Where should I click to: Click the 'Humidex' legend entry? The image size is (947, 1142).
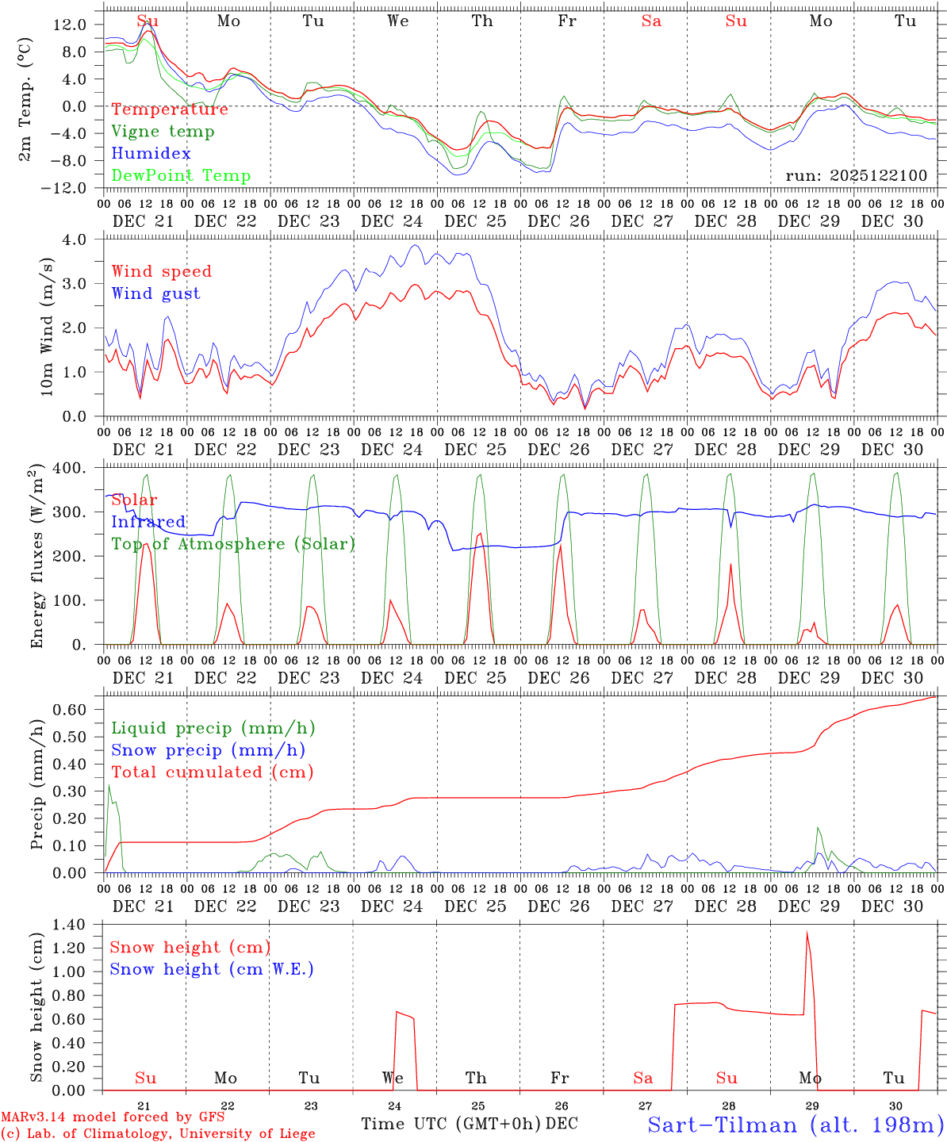click(151, 154)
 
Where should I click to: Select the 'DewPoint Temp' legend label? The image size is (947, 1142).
click(181, 176)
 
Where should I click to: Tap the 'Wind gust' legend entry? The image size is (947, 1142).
click(155, 293)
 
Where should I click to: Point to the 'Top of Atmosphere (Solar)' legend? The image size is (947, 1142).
click(232, 544)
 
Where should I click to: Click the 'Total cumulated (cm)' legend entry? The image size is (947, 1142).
click(212, 772)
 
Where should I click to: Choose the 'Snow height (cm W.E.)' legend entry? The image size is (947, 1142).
click(211, 969)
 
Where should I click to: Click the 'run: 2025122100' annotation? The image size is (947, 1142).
click(856, 176)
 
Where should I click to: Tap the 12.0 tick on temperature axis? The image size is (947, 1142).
click(70, 25)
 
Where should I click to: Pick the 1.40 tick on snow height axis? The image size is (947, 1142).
click(70, 925)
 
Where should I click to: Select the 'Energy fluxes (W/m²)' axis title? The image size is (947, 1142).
click(37, 558)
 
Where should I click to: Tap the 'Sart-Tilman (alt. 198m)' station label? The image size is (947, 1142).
click(795, 1125)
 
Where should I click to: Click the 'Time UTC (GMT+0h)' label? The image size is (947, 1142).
click(450, 1124)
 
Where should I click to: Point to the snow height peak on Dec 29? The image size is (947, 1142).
click(807, 933)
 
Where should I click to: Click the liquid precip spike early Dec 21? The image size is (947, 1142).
click(109, 785)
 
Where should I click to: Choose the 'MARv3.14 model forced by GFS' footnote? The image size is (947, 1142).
click(113, 1117)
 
